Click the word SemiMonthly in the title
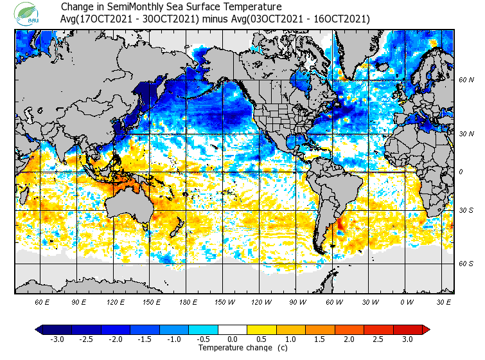click(138, 7)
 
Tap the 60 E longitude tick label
click(42, 301)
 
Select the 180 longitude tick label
click(188, 301)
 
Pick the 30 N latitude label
click(465, 134)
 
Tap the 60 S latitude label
click(465, 264)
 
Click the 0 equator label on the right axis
click(460, 172)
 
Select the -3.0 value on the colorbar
click(58, 339)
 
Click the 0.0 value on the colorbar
click(233, 339)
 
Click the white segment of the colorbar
click(233, 330)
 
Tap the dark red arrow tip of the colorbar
click(426, 330)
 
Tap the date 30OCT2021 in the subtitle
click(173, 19)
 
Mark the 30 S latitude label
click(465, 211)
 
